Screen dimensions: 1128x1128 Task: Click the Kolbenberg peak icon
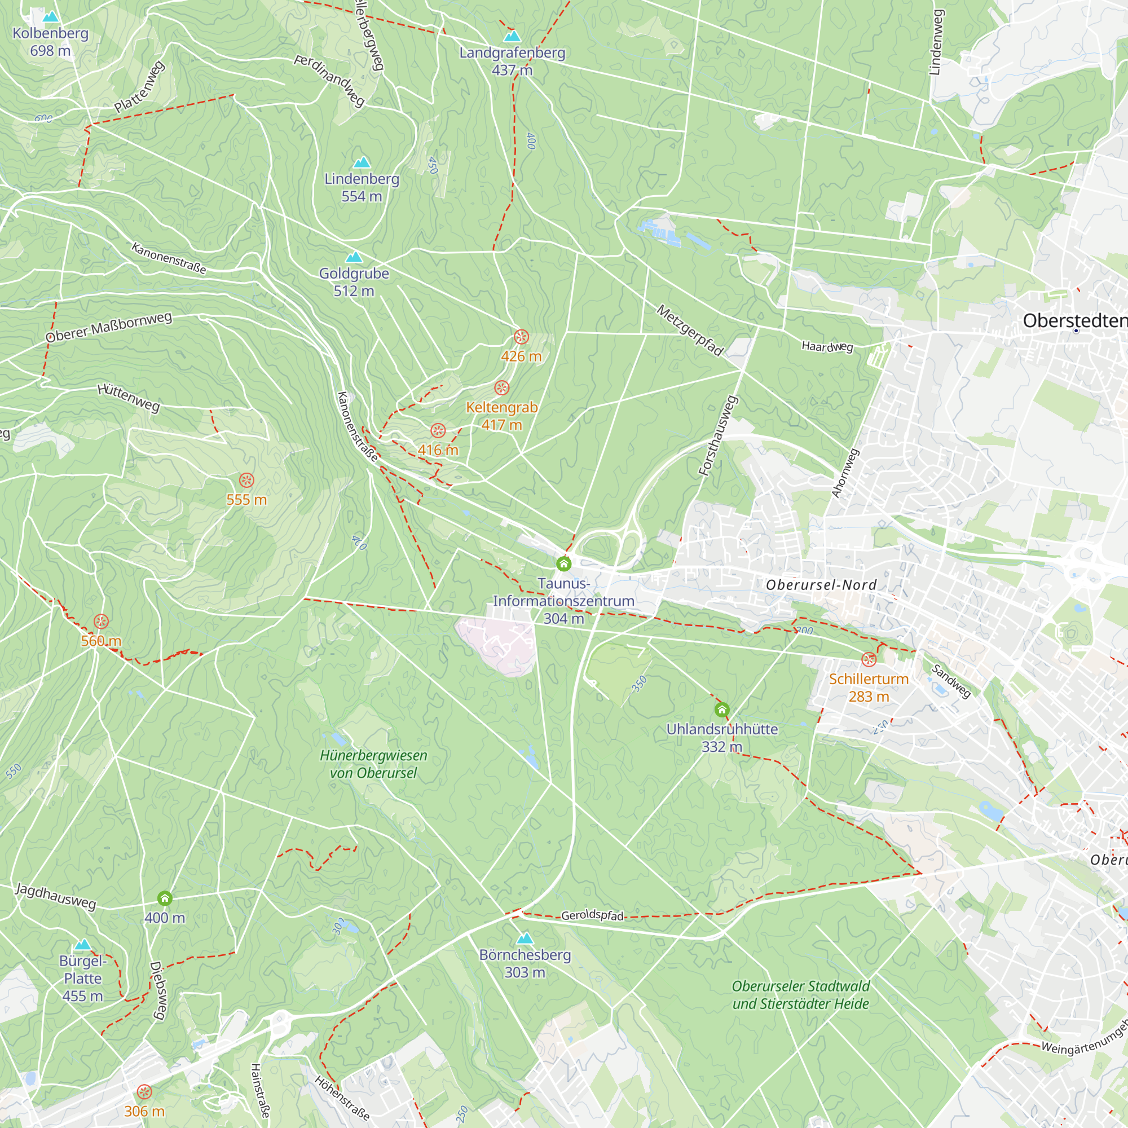51,17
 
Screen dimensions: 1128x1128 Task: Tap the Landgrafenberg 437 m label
512,61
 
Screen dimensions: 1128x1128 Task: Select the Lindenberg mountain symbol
362,162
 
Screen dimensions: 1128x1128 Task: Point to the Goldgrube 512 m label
354,281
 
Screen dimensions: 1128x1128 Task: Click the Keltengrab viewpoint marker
501,387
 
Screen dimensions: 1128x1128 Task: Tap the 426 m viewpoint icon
521,337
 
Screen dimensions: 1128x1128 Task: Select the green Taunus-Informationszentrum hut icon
563,563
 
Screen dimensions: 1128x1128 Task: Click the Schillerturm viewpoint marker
869,660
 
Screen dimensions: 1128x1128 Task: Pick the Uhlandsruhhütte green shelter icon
722,710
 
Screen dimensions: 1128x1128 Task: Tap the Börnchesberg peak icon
525,938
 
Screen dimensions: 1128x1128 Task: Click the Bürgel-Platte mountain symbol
83,945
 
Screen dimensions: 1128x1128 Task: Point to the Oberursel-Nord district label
821,585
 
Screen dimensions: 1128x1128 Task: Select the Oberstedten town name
1074,320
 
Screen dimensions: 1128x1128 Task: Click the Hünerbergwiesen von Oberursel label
374,764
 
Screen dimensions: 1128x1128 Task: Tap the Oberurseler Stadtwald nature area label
800,995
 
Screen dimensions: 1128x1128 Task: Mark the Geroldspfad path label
592,915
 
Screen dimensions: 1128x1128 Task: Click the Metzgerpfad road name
690,331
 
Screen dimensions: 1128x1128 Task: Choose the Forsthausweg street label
719,435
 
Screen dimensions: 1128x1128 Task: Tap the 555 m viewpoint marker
246,481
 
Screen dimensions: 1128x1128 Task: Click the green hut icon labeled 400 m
165,898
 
